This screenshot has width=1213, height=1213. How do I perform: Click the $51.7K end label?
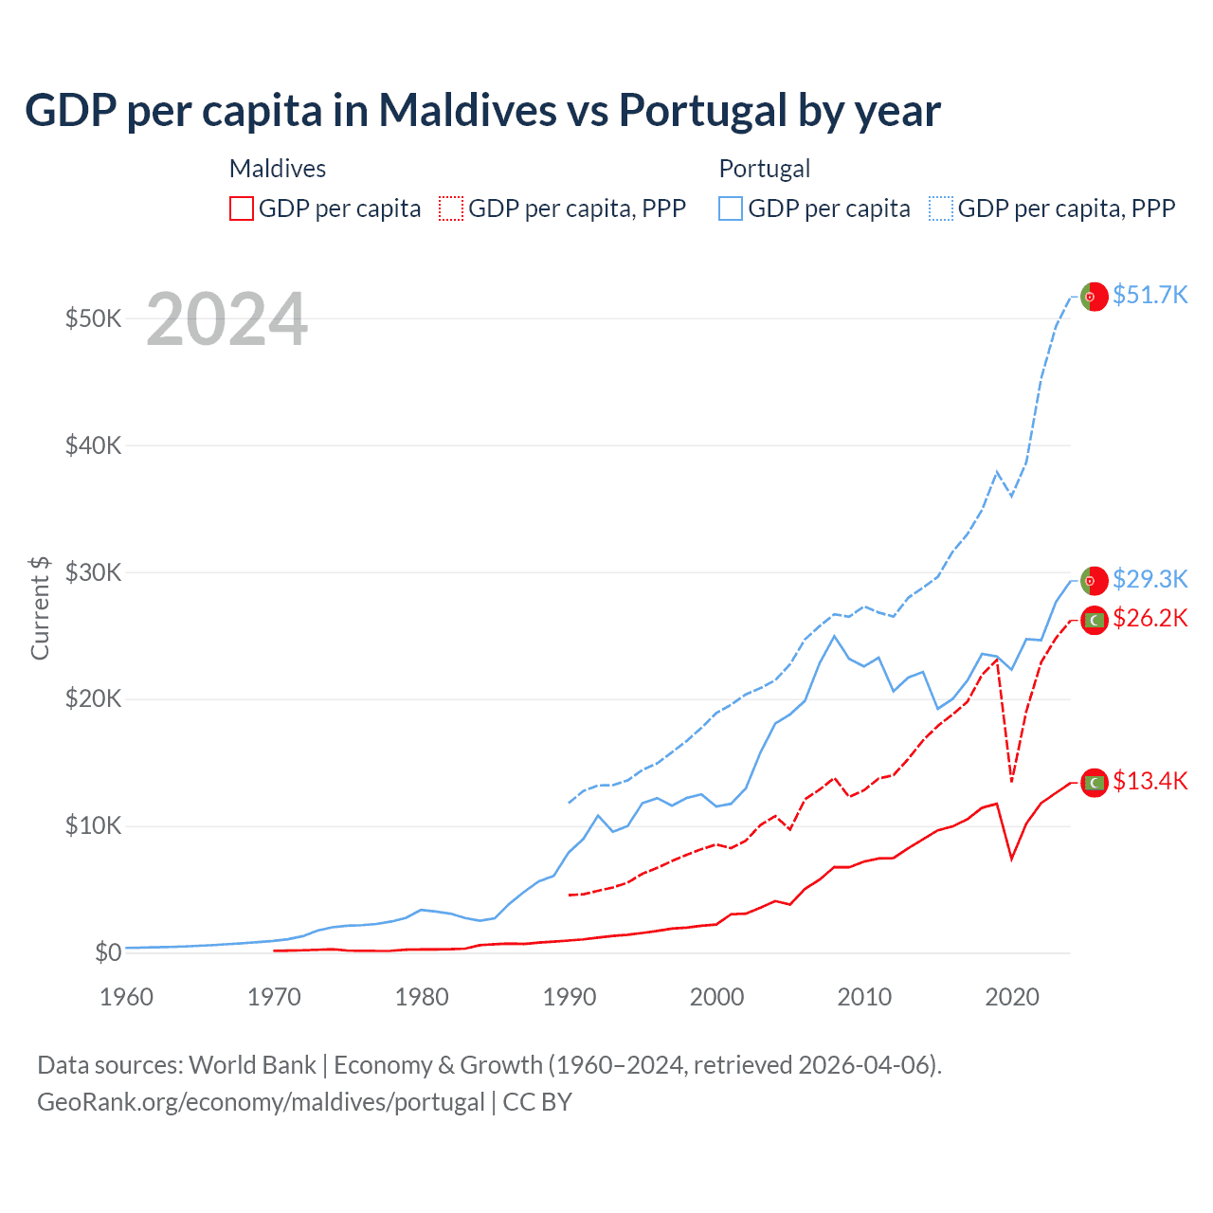tap(1150, 295)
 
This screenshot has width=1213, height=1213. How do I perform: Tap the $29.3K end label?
tap(1150, 578)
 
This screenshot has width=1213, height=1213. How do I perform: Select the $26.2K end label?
tap(1150, 618)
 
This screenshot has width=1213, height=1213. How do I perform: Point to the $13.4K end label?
tap(1150, 781)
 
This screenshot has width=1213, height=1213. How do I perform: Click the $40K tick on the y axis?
tap(93, 444)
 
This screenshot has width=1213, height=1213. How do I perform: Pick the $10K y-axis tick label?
tap(93, 825)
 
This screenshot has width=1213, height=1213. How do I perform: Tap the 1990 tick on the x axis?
tap(570, 997)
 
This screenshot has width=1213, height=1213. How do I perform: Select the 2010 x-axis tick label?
tap(864, 997)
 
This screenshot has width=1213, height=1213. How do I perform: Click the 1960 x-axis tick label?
tap(126, 997)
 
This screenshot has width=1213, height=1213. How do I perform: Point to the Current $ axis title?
tap(40, 607)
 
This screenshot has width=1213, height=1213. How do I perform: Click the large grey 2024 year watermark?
tap(226, 319)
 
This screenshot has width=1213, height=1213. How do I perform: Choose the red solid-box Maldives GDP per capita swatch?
tap(242, 208)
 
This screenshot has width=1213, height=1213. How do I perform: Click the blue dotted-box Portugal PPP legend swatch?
tap(941, 208)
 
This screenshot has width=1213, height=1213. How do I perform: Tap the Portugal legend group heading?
tap(764, 169)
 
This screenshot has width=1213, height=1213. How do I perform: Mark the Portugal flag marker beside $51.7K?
tap(1095, 297)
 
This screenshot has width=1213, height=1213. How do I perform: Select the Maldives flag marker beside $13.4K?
tap(1095, 783)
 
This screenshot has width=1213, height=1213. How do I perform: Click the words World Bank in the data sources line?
tap(252, 1065)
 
